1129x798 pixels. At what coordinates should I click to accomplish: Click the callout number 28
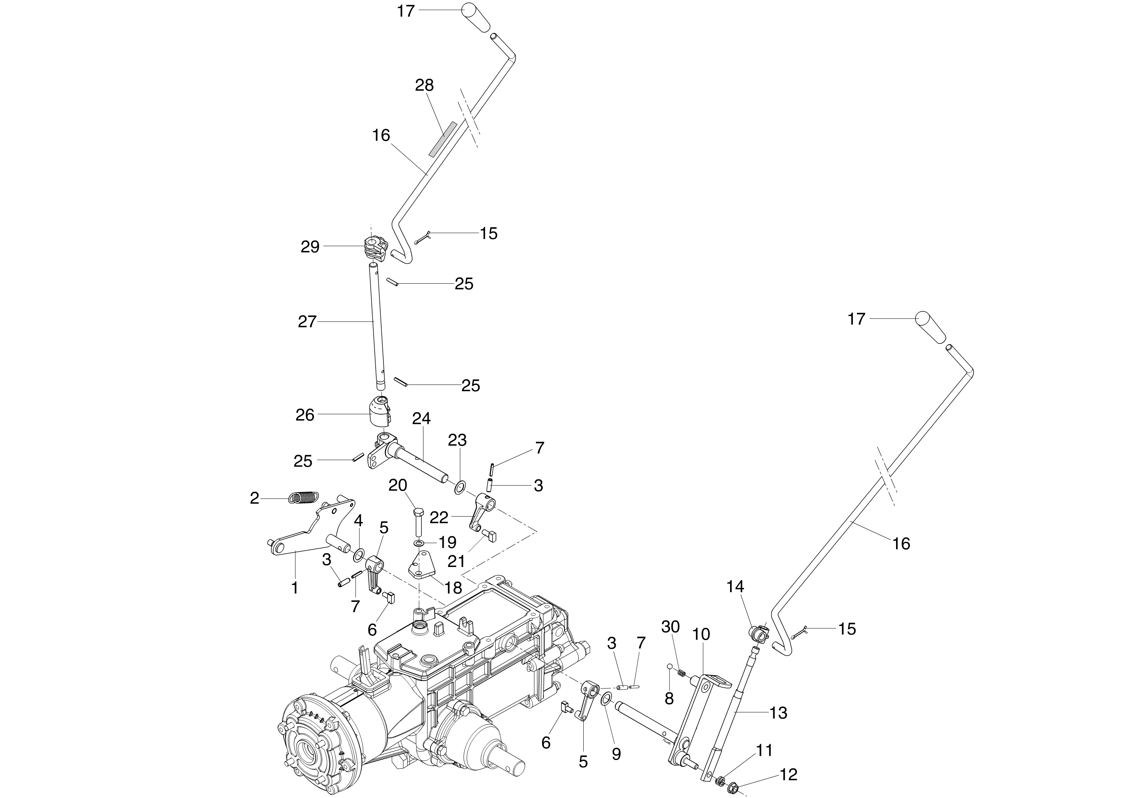click(425, 85)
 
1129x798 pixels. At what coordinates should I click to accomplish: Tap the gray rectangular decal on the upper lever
click(443, 139)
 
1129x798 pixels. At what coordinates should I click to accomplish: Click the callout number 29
click(310, 247)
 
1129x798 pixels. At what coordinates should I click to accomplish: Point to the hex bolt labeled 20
click(418, 523)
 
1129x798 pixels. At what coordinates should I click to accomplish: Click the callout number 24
click(421, 418)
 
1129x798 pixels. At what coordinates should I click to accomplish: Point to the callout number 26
click(305, 415)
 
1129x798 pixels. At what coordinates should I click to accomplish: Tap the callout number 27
click(307, 322)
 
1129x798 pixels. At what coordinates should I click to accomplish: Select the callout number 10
click(702, 634)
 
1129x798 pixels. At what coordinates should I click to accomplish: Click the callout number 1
click(295, 588)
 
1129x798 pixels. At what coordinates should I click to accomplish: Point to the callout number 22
click(439, 517)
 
